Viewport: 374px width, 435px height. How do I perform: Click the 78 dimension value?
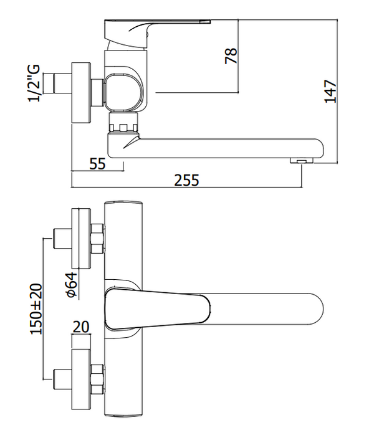(231, 56)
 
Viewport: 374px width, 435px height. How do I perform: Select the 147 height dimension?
(330, 91)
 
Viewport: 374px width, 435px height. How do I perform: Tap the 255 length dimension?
(186, 180)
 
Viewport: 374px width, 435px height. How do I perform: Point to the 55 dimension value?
(97, 164)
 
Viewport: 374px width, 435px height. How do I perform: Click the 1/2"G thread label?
(34, 84)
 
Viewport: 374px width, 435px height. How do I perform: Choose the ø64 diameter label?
(72, 285)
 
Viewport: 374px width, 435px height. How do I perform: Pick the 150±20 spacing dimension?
(36, 308)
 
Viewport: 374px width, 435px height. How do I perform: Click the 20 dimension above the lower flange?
(81, 327)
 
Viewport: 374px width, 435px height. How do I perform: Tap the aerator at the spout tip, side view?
(302, 160)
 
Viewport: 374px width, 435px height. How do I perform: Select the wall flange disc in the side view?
(81, 93)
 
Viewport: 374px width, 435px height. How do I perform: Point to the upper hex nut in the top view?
(98, 239)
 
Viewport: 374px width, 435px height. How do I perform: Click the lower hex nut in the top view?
(98, 379)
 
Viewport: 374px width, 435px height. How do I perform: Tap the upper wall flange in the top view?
(81, 239)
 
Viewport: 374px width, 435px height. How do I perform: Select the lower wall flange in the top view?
(81, 380)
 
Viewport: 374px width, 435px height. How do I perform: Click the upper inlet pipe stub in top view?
(62, 239)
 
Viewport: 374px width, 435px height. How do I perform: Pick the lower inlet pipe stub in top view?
(62, 380)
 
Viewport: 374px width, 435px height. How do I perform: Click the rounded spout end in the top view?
(316, 308)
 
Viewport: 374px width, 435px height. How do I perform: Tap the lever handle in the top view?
(157, 308)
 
